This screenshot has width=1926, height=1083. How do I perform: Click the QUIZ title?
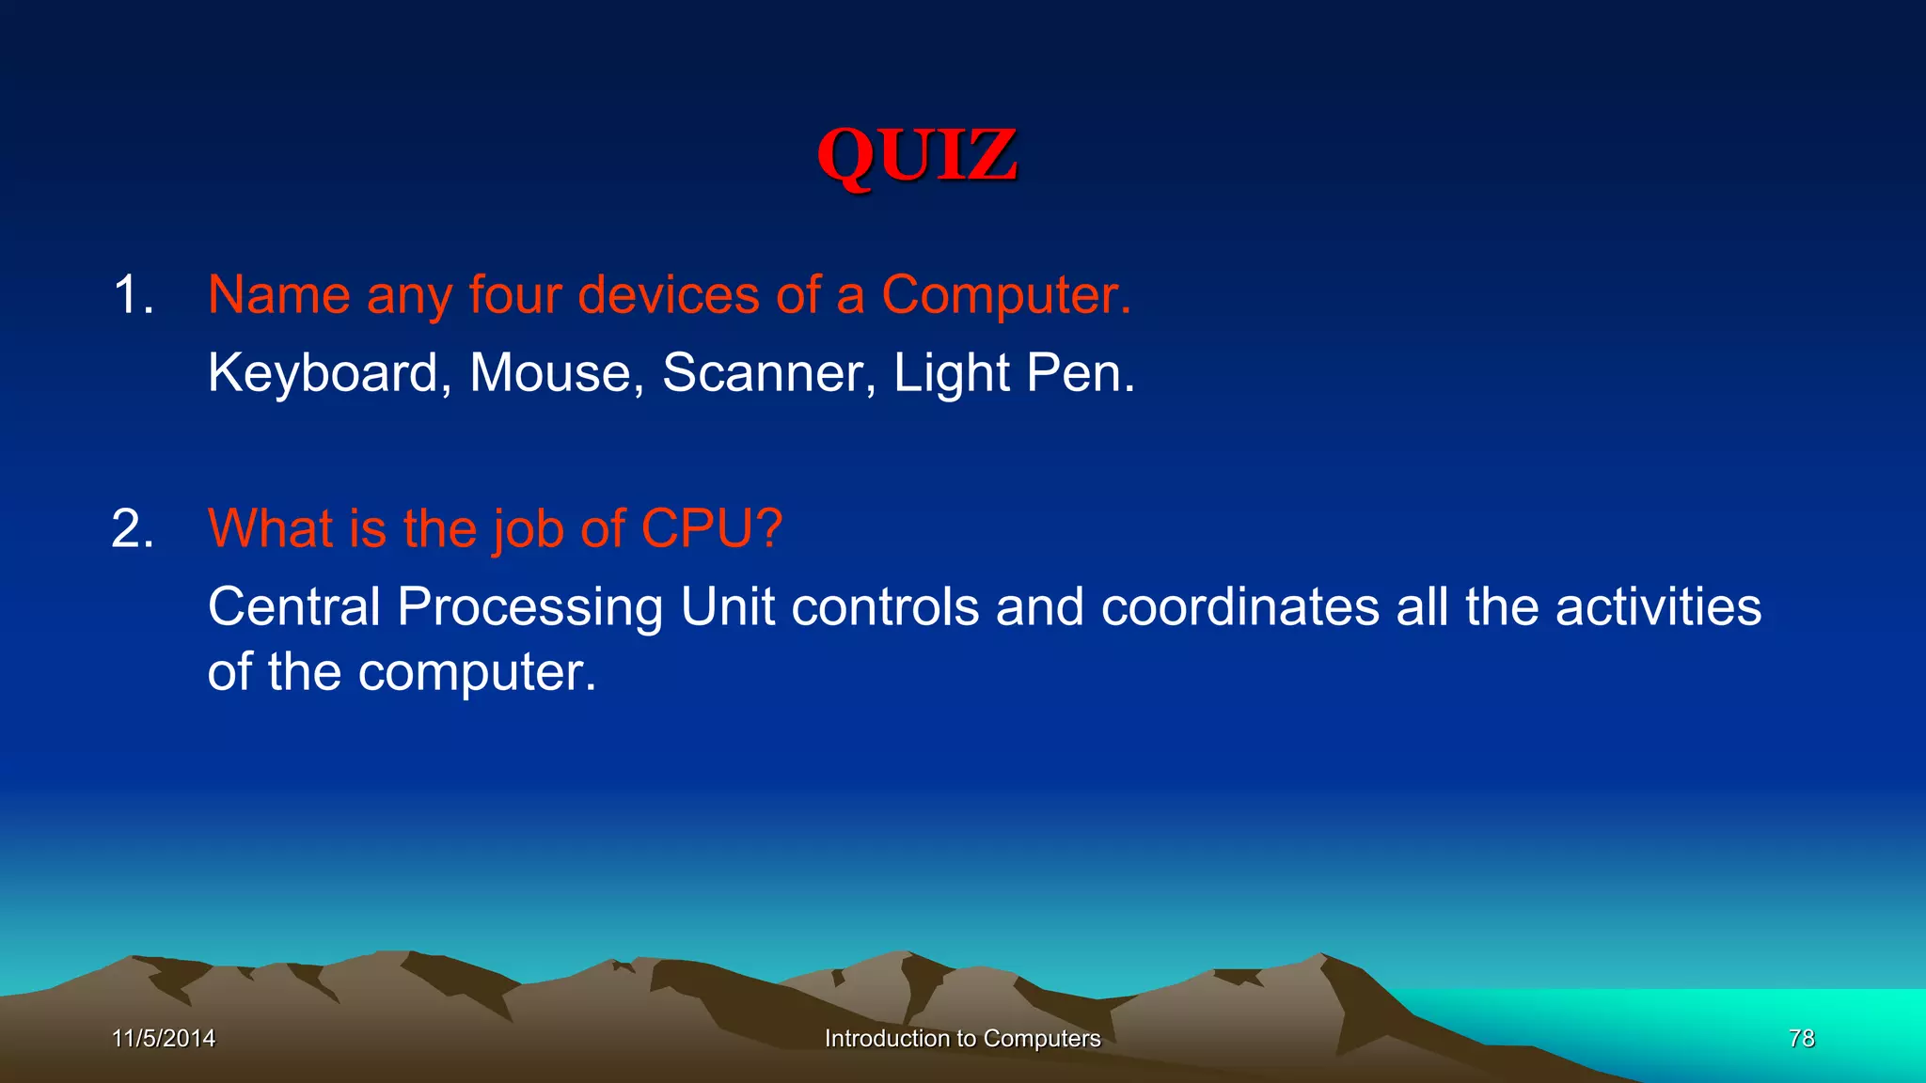point(917,155)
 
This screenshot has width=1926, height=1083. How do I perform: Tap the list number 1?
point(133,295)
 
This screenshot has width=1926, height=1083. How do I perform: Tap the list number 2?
point(133,528)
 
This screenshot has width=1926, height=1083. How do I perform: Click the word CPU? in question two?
point(711,528)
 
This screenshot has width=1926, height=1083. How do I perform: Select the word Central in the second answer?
point(294,606)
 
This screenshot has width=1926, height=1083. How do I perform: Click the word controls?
point(885,606)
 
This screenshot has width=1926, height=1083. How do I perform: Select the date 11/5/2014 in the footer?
point(164,1038)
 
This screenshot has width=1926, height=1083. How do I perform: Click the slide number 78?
point(1801,1038)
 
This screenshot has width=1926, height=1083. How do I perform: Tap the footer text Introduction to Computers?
point(962,1038)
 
